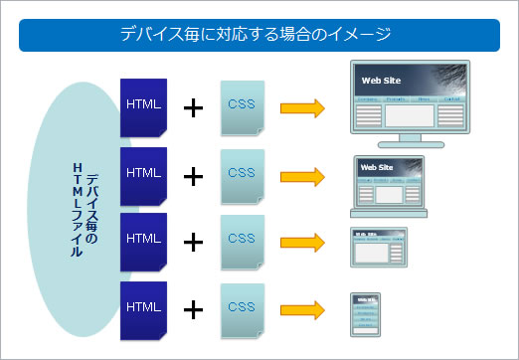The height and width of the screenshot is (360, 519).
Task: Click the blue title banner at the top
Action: click(259, 35)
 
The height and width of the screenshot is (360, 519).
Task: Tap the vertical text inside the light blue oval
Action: click(86, 209)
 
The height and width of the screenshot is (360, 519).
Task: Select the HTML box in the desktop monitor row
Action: click(143, 106)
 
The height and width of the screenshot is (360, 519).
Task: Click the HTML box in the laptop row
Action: click(143, 173)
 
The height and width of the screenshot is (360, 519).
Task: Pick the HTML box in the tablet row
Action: click(143, 239)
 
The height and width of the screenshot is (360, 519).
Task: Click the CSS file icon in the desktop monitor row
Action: click(242, 106)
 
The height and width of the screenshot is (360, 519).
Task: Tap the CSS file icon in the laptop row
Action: click(242, 173)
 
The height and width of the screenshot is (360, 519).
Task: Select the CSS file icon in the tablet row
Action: click(242, 240)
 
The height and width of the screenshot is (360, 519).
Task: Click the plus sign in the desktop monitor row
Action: click(193, 107)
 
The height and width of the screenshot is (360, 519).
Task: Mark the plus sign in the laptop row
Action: click(193, 175)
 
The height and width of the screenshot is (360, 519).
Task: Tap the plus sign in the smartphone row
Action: click(193, 309)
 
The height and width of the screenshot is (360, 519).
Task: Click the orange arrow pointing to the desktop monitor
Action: click(302, 108)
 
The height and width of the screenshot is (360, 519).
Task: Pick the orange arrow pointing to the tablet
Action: click(302, 242)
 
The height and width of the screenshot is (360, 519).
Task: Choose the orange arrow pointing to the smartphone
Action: click(302, 309)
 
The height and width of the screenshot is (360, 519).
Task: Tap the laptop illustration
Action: click(389, 186)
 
